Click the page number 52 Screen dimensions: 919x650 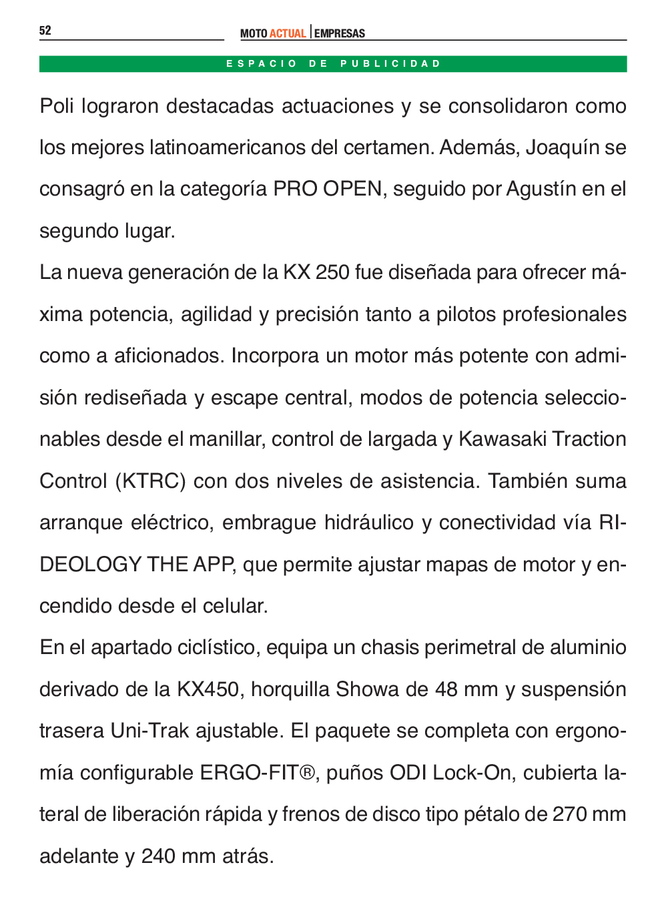tap(45, 31)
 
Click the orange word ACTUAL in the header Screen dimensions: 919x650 tap(288, 33)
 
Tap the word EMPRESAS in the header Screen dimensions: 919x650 tap(340, 33)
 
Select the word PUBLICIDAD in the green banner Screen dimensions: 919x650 tap(390, 64)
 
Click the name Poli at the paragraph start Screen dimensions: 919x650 tap(57, 106)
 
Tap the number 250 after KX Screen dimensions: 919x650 tap(332, 273)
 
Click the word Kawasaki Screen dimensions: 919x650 tap(502, 439)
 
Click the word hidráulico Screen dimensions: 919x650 tap(369, 523)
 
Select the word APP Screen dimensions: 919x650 tap(214, 565)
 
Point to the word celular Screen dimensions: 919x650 tap(235, 606)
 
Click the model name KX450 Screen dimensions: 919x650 tap(208, 689)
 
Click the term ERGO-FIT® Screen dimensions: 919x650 tap(258, 773)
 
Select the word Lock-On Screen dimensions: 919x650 tap(472, 773)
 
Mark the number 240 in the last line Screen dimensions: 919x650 tap(158, 856)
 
